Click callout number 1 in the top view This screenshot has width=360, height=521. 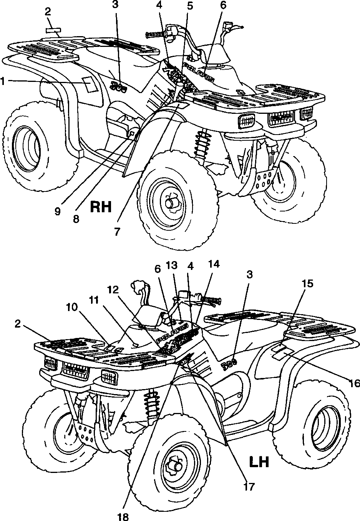coord(3,81)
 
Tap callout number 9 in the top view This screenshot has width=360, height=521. coord(57,212)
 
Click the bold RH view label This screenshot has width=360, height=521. coord(101,206)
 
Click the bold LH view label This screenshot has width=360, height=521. coord(259,462)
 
